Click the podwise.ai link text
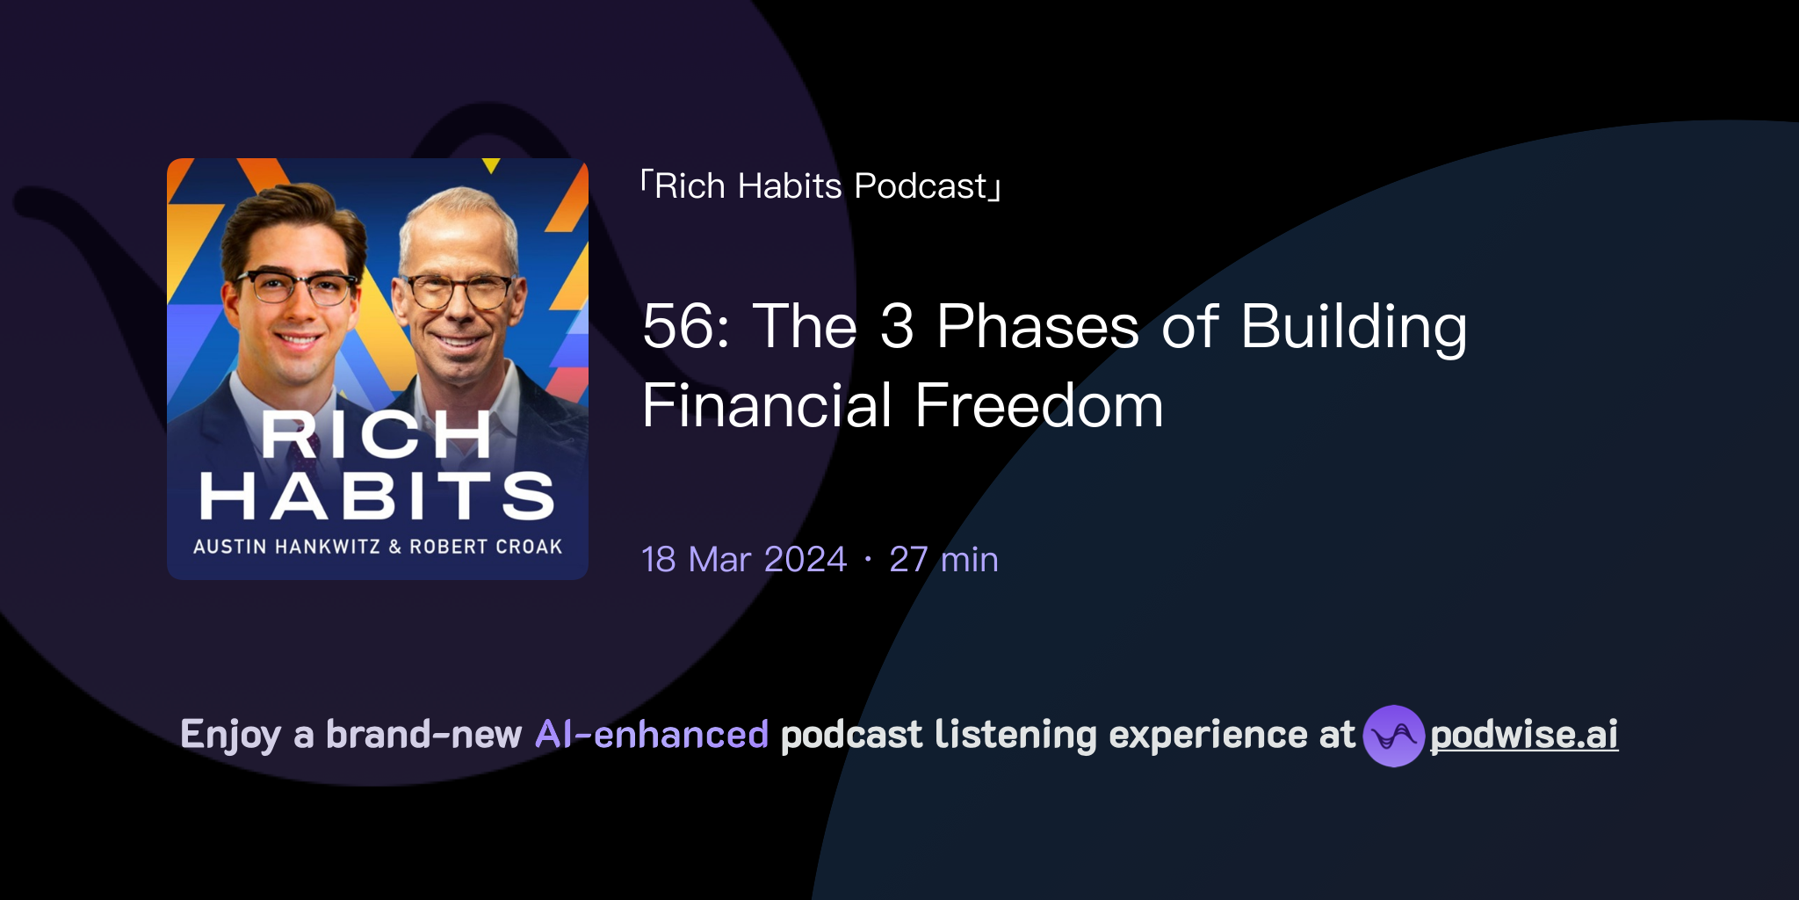pos(1523,735)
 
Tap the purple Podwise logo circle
pos(1393,736)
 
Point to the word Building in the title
pos(1354,326)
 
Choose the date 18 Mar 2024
pos(743,560)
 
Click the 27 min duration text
pos(943,560)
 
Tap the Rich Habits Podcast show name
pos(820,186)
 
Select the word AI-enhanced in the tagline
pos(652,735)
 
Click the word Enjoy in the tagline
pos(230,735)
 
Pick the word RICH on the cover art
pos(376,434)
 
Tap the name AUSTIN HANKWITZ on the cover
pos(286,547)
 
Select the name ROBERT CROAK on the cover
pos(486,547)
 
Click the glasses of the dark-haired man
pos(296,287)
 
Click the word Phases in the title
pos(1037,326)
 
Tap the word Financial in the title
pos(767,406)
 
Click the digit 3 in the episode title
pos(897,326)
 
